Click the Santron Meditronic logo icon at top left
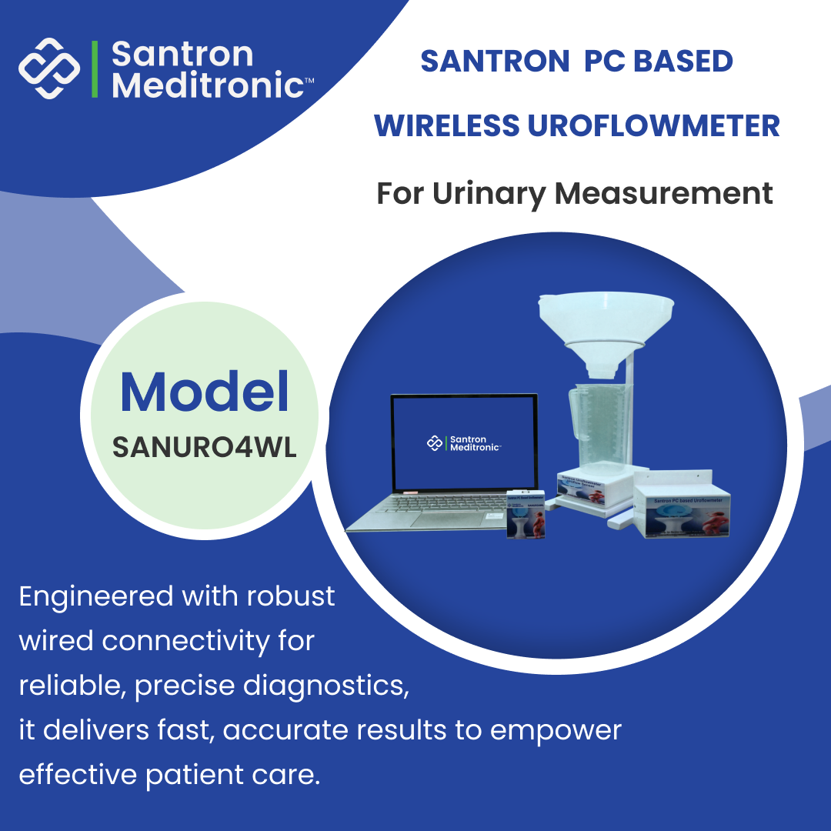(x=49, y=68)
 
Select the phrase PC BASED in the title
(x=658, y=62)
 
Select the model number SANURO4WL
(x=205, y=449)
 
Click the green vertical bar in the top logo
(x=95, y=68)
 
